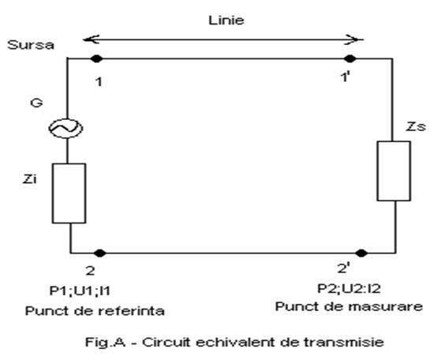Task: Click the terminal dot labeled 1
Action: click(x=97, y=58)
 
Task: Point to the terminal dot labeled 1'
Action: click(x=350, y=58)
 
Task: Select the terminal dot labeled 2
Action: click(x=99, y=253)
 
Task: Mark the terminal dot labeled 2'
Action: click(x=361, y=253)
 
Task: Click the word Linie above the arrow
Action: click(x=226, y=21)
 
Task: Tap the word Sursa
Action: click(x=31, y=45)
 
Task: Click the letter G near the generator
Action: click(x=36, y=103)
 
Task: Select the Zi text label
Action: click(x=30, y=179)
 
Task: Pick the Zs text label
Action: click(x=416, y=126)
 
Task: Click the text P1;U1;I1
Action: click(x=80, y=291)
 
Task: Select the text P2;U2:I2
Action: click(x=349, y=288)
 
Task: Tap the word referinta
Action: click(x=132, y=311)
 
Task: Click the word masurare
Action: click(x=385, y=306)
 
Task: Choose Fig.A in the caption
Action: click(x=105, y=342)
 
